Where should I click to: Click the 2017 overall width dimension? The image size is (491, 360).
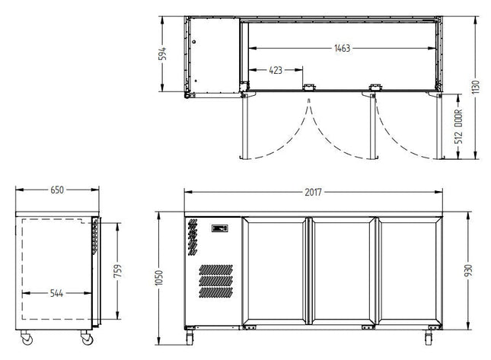(313, 192)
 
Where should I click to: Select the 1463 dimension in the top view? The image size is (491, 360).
(342, 48)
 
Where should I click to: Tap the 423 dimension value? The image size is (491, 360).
(276, 70)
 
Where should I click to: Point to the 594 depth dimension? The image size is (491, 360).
(162, 54)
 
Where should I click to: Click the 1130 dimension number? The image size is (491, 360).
(476, 88)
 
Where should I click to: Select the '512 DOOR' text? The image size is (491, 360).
(458, 126)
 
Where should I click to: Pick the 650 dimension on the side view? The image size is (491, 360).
(57, 190)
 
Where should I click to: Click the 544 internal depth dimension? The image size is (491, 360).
(56, 293)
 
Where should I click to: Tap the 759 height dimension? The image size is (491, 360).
(118, 271)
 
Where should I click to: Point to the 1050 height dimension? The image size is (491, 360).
(159, 278)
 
